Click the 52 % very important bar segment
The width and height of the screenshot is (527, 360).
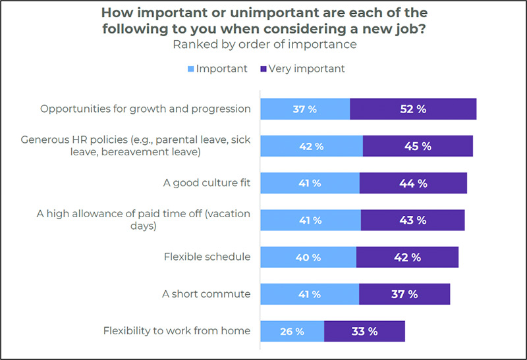[412, 109]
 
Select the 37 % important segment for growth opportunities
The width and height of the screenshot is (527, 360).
[304, 109]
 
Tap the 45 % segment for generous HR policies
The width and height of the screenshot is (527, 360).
[417, 146]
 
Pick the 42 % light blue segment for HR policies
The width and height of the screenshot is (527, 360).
[311, 146]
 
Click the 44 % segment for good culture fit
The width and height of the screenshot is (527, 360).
[413, 183]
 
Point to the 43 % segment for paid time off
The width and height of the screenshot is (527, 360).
[412, 220]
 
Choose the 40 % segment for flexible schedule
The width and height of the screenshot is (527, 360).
[308, 257]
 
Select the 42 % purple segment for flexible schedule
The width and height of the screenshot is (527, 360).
[407, 257]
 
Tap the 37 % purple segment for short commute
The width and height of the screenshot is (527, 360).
[404, 294]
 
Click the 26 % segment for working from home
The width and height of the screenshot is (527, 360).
[292, 331]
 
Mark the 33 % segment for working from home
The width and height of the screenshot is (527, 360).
[364, 331]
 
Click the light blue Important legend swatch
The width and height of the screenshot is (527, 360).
[192, 68]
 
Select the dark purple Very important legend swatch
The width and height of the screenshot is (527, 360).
[263, 68]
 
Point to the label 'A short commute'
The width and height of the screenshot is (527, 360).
[206, 294]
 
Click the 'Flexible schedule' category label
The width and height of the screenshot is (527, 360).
[207, 257]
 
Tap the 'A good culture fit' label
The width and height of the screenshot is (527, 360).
[207, 183]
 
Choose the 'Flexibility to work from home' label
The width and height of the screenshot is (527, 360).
[177, 330]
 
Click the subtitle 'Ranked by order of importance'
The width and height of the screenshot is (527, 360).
[264, 45]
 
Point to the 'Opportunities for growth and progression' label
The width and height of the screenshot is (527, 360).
[146, 109]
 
